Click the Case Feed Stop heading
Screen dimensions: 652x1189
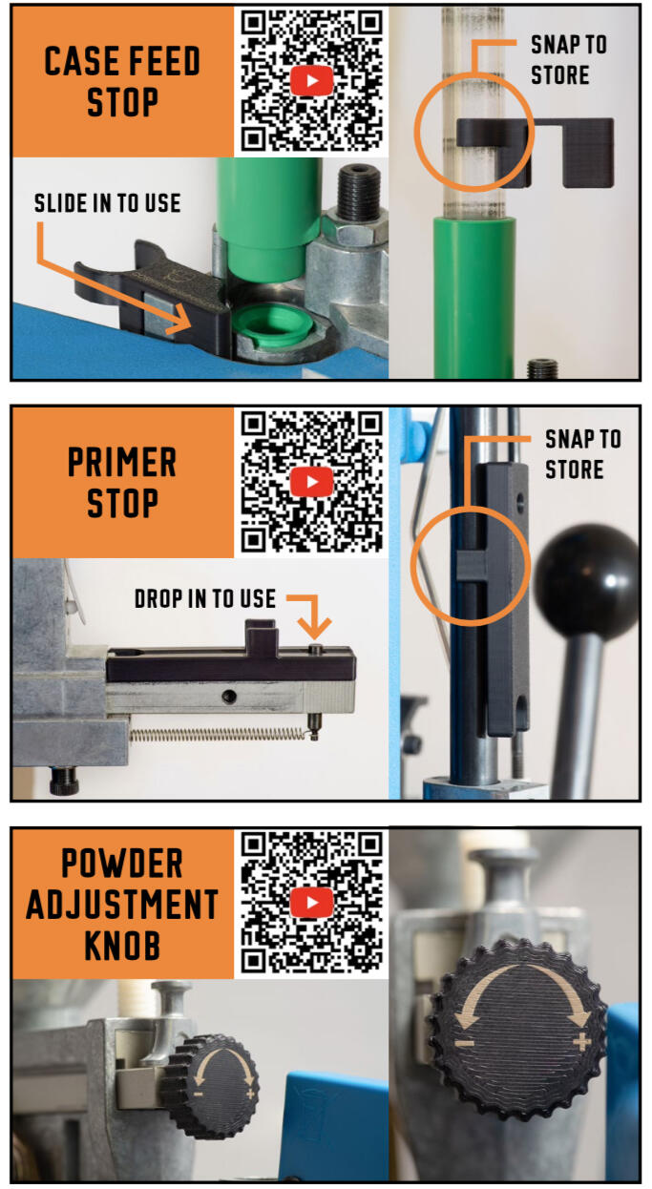122,81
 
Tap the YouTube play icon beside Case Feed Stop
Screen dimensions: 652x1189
311,81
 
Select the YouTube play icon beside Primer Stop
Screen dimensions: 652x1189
311,482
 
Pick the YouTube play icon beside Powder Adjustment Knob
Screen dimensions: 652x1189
311,902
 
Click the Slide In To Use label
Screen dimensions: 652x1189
107,203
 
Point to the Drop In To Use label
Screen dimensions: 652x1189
205,598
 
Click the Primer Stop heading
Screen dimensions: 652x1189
122,482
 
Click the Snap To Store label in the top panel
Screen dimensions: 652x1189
569,59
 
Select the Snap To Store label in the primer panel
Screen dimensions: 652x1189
583,454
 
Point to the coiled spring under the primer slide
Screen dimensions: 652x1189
219,735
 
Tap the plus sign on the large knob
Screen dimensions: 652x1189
582,1041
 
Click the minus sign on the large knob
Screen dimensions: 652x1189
465,1044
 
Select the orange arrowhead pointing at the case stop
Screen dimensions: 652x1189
179,319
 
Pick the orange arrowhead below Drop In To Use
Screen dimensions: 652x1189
314,626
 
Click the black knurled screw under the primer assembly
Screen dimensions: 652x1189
64,781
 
